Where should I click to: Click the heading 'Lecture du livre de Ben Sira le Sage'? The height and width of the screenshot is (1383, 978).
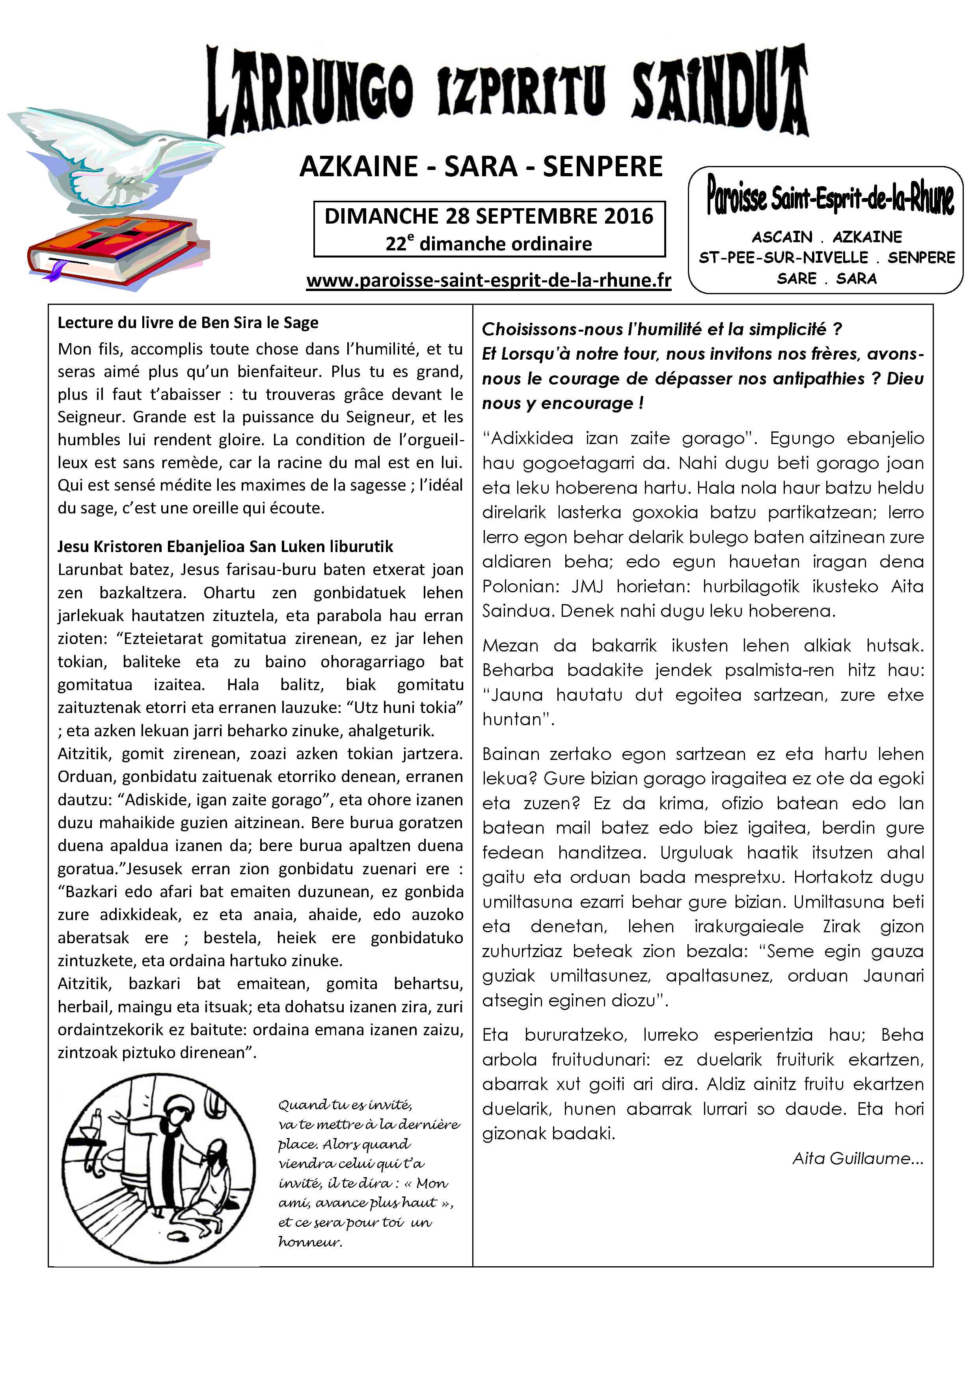[188, 323]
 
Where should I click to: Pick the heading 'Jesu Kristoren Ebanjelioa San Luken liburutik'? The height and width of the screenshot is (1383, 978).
[225, 546]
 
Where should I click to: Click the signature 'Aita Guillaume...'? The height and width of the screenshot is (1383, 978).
[857, 1158]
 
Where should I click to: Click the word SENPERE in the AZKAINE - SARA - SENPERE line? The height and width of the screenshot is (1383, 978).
[602, 167]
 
